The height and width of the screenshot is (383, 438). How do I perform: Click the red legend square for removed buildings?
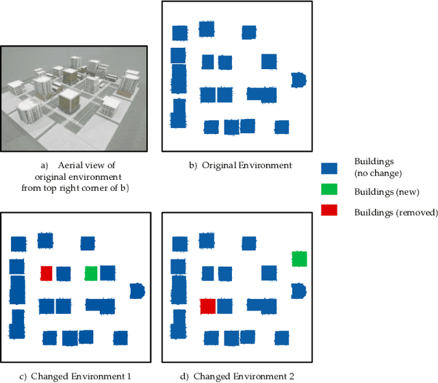(x=329, y=210)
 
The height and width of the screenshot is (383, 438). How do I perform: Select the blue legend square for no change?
(x=329, y=168)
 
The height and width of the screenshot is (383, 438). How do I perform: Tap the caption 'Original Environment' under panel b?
(x=240, y=165)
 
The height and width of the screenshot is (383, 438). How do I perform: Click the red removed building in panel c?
(x=46, y=273)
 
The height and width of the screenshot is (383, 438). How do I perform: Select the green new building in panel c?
(x=90, y=273)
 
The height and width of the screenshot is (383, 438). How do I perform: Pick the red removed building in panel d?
(x=208, y=306)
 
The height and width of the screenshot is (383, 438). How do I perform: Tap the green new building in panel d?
(x=299, y=258)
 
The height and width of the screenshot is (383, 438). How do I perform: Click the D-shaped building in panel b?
(x=298, y=80)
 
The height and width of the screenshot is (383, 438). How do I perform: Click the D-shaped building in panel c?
(x=137, y=291)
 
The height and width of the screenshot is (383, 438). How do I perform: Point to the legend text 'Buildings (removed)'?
(x=395, y=212)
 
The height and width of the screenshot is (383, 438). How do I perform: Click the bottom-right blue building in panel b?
(x=281, y=127)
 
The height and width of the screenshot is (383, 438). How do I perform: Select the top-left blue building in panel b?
(x=179, y=33)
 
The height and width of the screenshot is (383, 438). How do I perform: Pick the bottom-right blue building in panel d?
(x=281, y=337)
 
